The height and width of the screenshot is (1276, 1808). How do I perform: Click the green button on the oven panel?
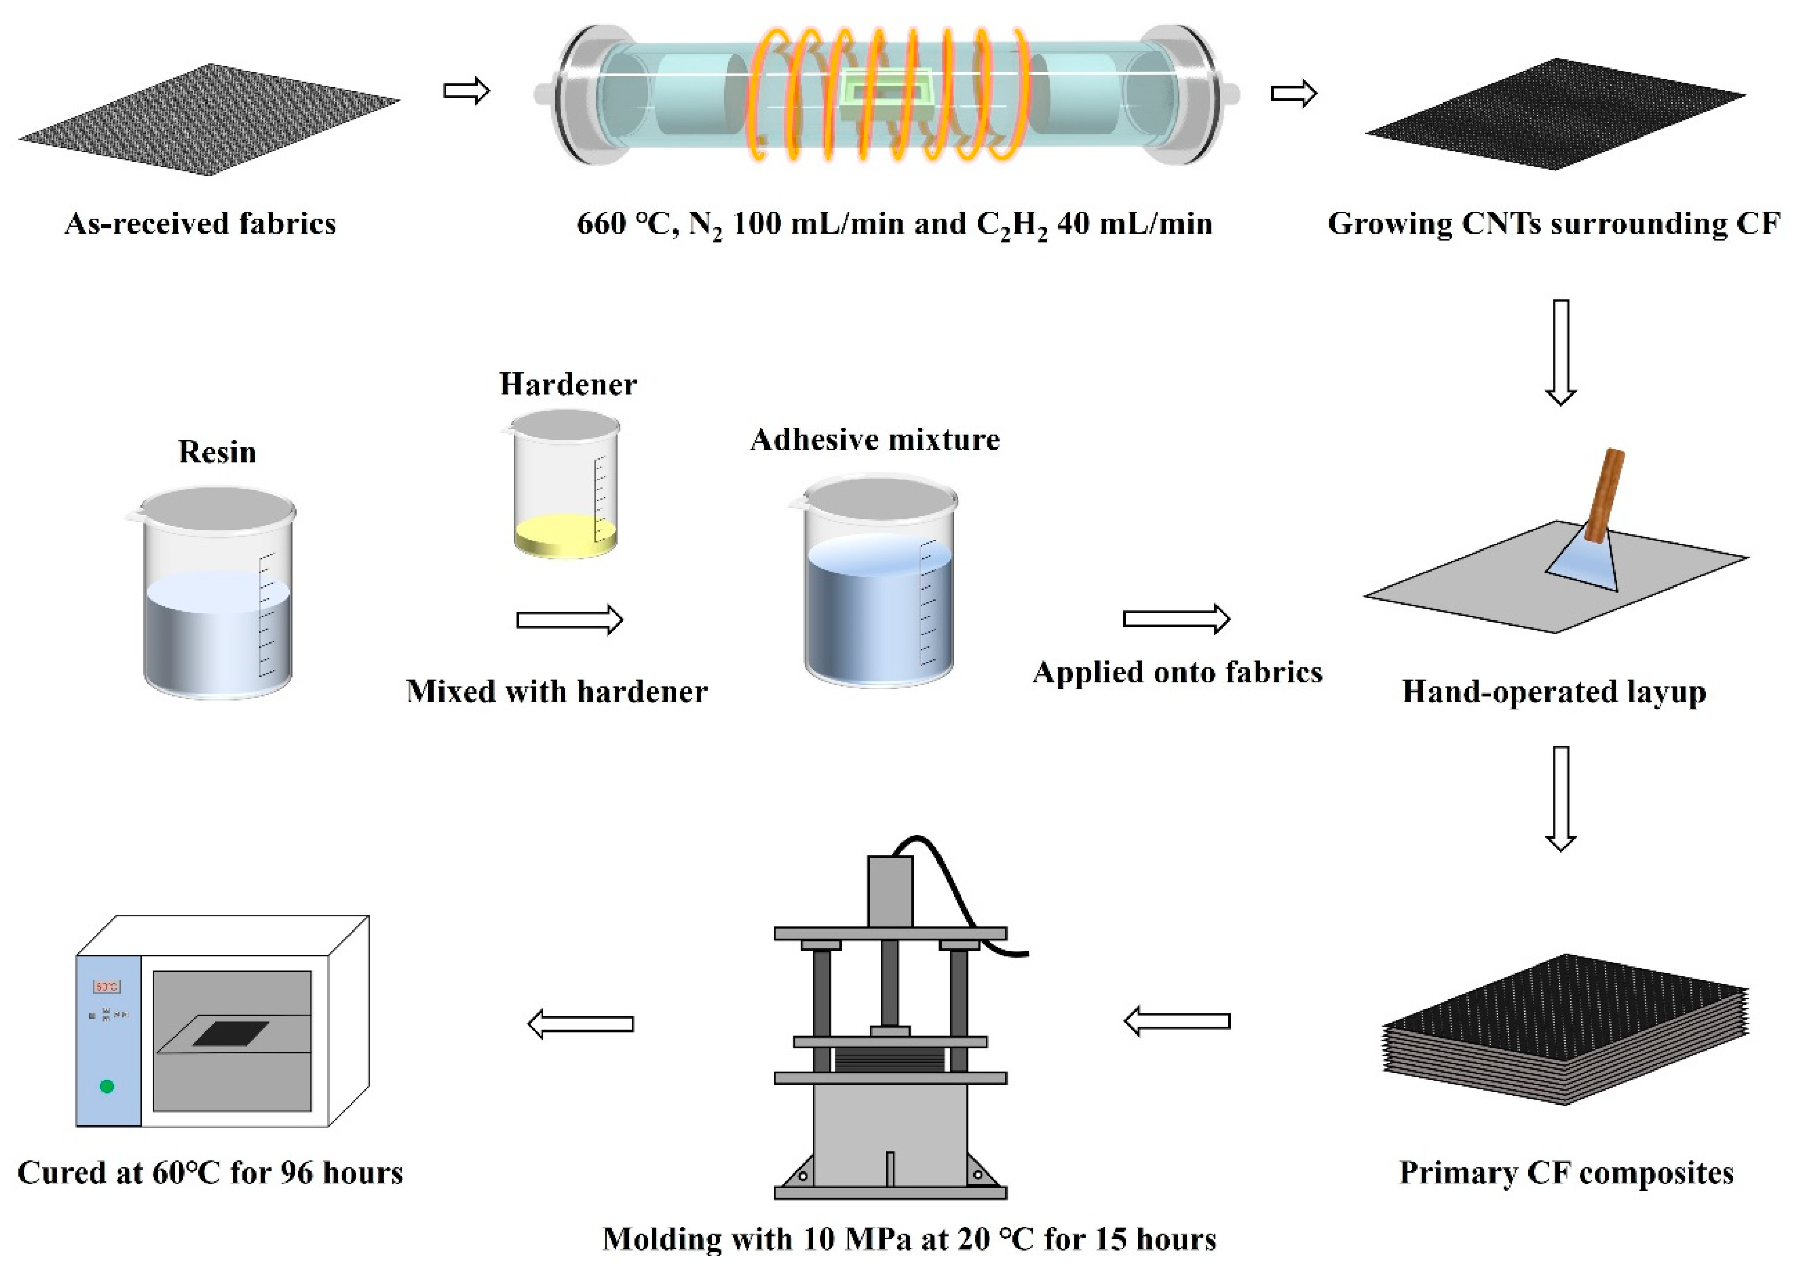coord(107,1086)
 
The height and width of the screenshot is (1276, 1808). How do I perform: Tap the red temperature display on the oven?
coord(107,986)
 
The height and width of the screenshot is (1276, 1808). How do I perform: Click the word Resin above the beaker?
coord(217,452)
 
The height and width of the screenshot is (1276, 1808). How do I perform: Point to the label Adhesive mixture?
coord(875,439)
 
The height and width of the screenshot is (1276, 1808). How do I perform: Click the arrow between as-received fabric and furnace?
coord(466,91)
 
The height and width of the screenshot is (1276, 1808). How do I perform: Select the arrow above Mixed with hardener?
coord(569,620)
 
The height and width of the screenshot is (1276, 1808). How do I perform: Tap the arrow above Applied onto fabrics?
coord(1176,619)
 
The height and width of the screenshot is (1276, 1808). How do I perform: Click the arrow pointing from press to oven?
coord(580,1024)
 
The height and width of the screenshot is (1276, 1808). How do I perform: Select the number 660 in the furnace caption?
coord(602,224)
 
